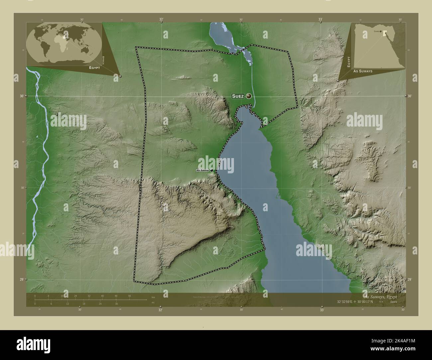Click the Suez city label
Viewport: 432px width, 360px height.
[238, 96]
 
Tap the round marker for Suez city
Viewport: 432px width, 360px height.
[249, 96]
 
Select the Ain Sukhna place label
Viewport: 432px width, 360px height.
[202, 170]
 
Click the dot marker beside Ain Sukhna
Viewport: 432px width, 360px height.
[211, 170]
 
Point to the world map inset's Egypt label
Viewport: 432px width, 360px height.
[94, 67]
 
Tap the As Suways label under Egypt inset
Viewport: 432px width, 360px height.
[363, 71]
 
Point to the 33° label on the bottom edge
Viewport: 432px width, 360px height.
[322, 310]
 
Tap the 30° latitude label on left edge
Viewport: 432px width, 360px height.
[22, 96]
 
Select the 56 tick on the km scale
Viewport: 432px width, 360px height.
[129, 296]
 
